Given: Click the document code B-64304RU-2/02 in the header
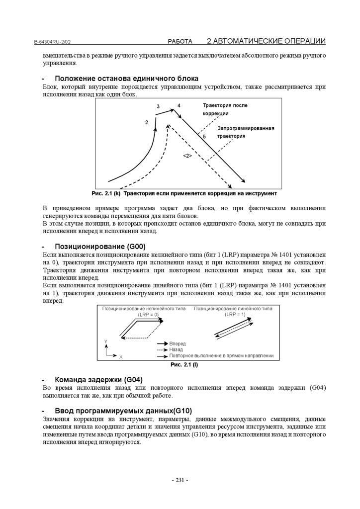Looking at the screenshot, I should pos(55,42).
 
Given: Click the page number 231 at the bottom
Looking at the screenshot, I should pos(180,480).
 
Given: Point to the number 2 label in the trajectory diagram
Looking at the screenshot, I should pos(147,122).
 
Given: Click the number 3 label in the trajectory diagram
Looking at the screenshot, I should pos(158,107).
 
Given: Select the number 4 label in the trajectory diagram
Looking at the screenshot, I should pos(179,106).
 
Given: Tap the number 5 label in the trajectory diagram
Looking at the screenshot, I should pos(204,136).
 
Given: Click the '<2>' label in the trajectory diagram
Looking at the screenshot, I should pos(187,156).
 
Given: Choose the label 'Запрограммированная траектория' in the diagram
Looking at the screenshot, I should pos(246,132).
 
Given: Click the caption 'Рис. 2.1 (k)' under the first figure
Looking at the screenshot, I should pos(106,193).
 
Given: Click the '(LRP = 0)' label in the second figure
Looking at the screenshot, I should pos(148,315).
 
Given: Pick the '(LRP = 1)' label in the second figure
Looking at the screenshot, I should pos(235,315).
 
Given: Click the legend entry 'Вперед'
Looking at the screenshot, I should pos(178,343).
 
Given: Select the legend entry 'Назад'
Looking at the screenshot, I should pos(176,349).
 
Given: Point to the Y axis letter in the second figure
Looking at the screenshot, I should pos(106,341).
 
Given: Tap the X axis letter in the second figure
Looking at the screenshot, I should pos(121,357).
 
